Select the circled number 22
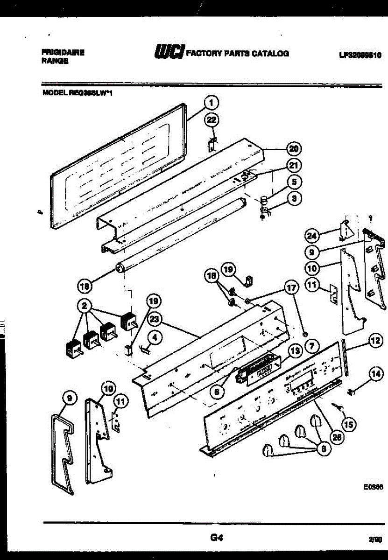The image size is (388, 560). pos(212,120)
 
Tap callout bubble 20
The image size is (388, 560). pos(294,149)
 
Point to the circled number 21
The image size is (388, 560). pos(294,166)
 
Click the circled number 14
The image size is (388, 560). pos(374,373)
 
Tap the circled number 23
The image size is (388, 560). pos(155,320)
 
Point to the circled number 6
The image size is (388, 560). pos(216,392)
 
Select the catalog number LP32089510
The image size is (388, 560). pos(360,55)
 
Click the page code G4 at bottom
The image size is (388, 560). pos(215,538)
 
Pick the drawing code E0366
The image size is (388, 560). pos(374,486)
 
